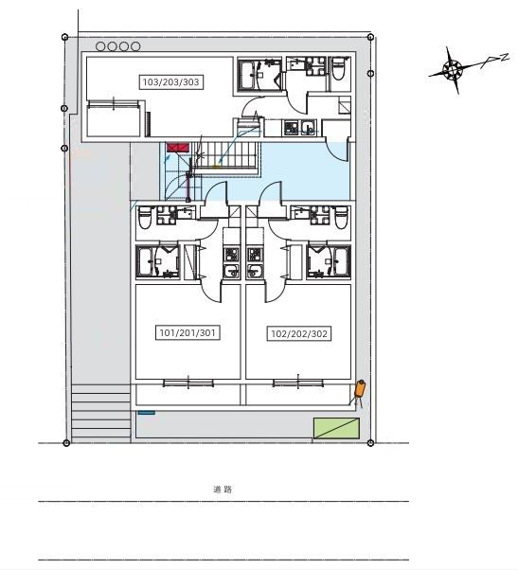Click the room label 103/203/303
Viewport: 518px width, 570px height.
170,81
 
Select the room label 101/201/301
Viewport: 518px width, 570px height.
188,332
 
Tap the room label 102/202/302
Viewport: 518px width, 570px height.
299,333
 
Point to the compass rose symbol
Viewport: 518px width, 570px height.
453,69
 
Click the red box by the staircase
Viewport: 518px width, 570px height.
178,147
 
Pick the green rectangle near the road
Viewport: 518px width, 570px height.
336,428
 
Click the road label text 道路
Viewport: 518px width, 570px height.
223,489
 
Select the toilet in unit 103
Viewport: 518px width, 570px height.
338,68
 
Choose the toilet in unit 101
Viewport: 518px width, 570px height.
145,218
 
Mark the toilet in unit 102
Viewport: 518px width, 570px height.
341,218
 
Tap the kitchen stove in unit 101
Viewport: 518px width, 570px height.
231,255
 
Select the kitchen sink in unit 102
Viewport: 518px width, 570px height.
255,271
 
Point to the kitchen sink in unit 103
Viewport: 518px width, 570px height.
309,128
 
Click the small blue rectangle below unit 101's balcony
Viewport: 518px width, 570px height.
147,413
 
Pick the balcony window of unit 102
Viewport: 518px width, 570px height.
298,383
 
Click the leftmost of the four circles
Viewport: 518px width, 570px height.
100,46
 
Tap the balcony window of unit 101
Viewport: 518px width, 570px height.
188,383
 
